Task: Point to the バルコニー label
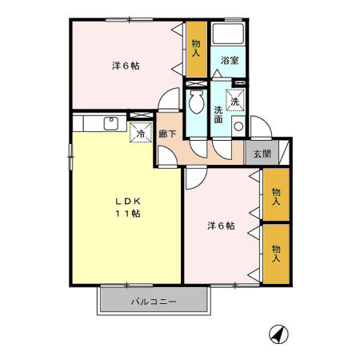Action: (x=154, y=302)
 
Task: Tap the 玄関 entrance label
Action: (x=262, y=154)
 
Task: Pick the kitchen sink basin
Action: (x=110, y=123)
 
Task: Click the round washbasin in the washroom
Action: (x=238, y=126)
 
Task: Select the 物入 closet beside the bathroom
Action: (x=196, y=48)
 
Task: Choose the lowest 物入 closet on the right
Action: (x=276, y=252)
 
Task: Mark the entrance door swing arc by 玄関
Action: (x=261, y=127)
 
